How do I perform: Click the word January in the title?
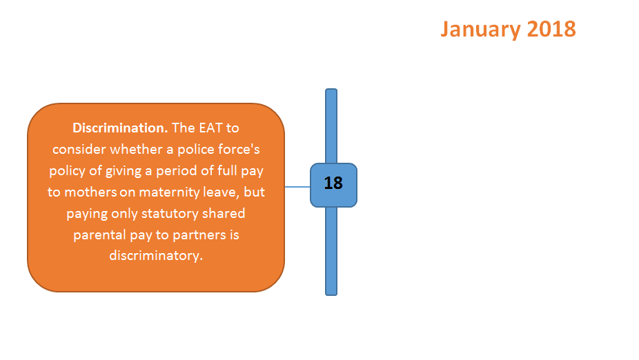[x=481, y=30]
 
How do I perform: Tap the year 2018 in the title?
[x=551, y=30]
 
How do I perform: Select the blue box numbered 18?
[x=333, y=186]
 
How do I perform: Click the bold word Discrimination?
[x=120, y=128]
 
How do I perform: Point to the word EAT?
[x=210, y=128]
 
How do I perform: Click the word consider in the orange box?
[x=79, y=150]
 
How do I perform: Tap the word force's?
[x=239, y=150]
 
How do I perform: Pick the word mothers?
[x=90, y=192]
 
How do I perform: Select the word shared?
[x=224, y=213]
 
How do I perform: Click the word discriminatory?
[x=156, y=256]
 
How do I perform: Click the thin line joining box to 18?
[x=297, y=187]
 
